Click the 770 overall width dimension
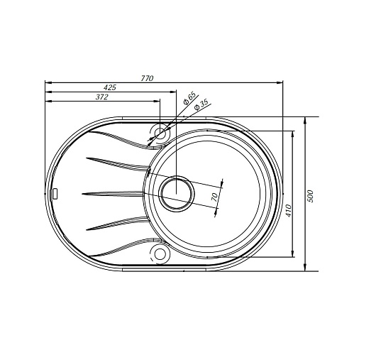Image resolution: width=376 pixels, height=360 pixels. pyautogui.click(x=147, y=78)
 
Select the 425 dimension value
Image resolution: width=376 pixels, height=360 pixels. pyautogui.click(x=110, y=87)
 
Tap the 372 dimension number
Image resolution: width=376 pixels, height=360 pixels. pyautogui.click(x=102, y=97)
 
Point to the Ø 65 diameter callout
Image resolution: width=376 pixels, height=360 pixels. pyautogui.click(x=189, y=98)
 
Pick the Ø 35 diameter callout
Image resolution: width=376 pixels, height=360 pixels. pyautogui.click(x=201, y=105)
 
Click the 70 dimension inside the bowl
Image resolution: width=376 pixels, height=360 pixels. pyautogui.click(x=215, y=197)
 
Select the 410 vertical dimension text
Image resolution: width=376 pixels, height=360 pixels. pyautogui.click(x=289, y=210)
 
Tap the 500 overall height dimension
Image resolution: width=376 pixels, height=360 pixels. pyautogui.click(x=310, y=196)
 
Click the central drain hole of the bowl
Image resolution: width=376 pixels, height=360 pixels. pyautogui.click(x=177, y=194)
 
